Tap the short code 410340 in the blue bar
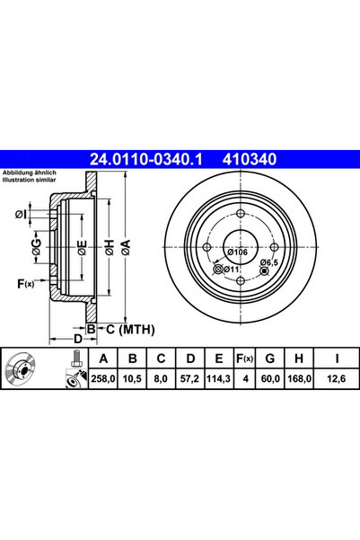click(x=250, y=159)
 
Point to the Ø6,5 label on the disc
click(x=267, y=262)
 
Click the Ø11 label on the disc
click(x=229, y=269)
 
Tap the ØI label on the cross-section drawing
click(x=21, y=214)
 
